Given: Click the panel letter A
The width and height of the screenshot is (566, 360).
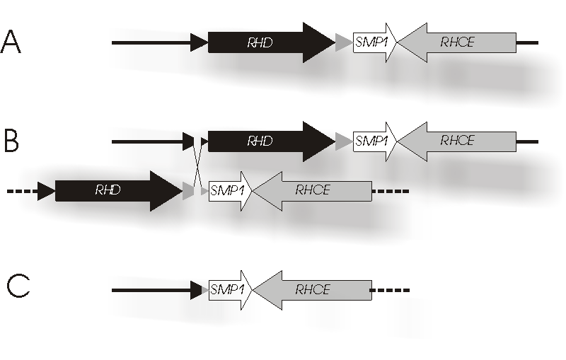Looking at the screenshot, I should pos(11,42).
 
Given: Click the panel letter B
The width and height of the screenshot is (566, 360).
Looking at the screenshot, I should pos(11,140).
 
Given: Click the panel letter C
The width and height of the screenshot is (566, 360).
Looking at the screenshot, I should pos(18,286).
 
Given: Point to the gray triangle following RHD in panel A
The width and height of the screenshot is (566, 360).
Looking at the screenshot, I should pos(343,43).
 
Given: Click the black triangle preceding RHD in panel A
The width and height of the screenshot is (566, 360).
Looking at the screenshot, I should pos(199,43).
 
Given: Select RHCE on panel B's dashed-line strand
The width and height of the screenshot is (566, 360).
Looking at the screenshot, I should pos(313,190).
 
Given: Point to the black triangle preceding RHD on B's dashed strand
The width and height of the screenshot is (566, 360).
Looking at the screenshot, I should pos(47,191).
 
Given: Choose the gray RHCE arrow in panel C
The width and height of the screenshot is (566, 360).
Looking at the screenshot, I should pos(313,289).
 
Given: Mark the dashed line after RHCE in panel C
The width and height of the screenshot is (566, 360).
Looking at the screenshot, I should pos(391,289).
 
